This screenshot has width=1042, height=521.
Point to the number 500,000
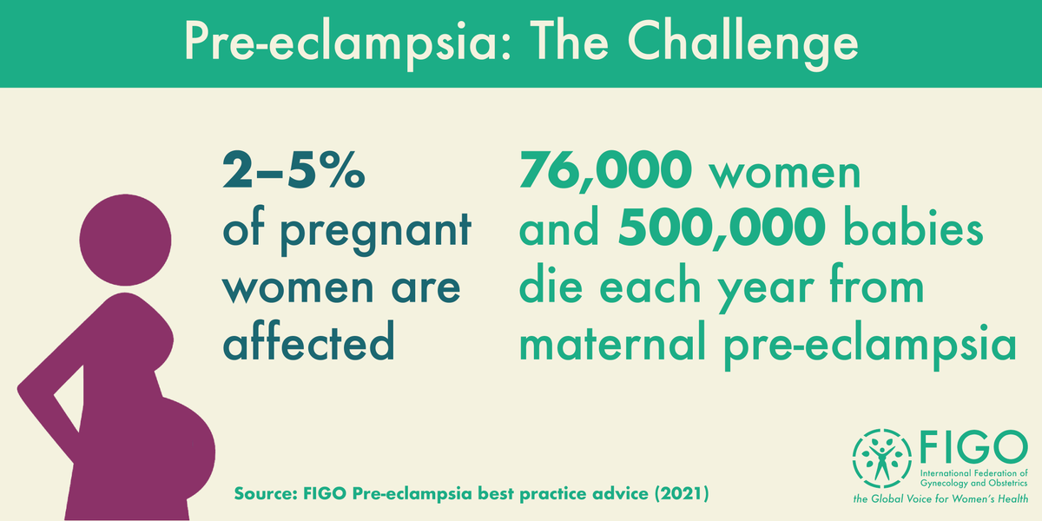click(x=722, y=232)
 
